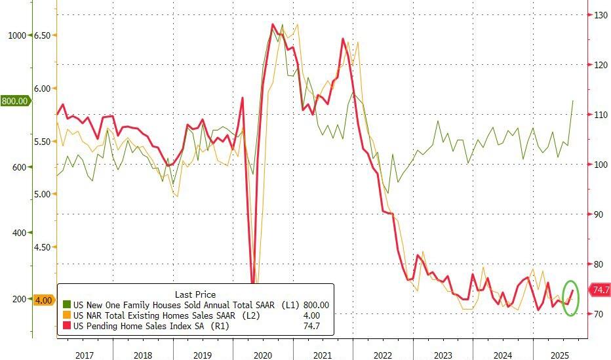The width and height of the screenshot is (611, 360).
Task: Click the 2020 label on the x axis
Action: point(262,354)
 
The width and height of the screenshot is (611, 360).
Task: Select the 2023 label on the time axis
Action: point(443,354)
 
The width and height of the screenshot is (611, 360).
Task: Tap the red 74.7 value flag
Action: point(601,290)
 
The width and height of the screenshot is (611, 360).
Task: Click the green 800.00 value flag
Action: point(15,101)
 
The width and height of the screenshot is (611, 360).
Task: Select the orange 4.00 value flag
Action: point(43,300)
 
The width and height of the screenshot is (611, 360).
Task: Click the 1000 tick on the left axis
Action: point(16,35)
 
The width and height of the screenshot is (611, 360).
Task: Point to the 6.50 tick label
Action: point(41,35)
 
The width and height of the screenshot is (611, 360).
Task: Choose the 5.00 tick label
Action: point(41,194)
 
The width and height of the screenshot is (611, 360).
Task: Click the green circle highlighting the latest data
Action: point(571,298)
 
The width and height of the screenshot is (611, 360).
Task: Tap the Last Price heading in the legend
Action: point(195,294)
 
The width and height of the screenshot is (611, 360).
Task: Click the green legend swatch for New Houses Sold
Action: point(66,305)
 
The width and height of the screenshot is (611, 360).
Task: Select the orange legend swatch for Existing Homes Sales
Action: point(66,315)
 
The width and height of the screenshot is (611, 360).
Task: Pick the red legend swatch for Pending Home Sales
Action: point(66,326)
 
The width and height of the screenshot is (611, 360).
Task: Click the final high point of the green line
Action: point(573,101)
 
